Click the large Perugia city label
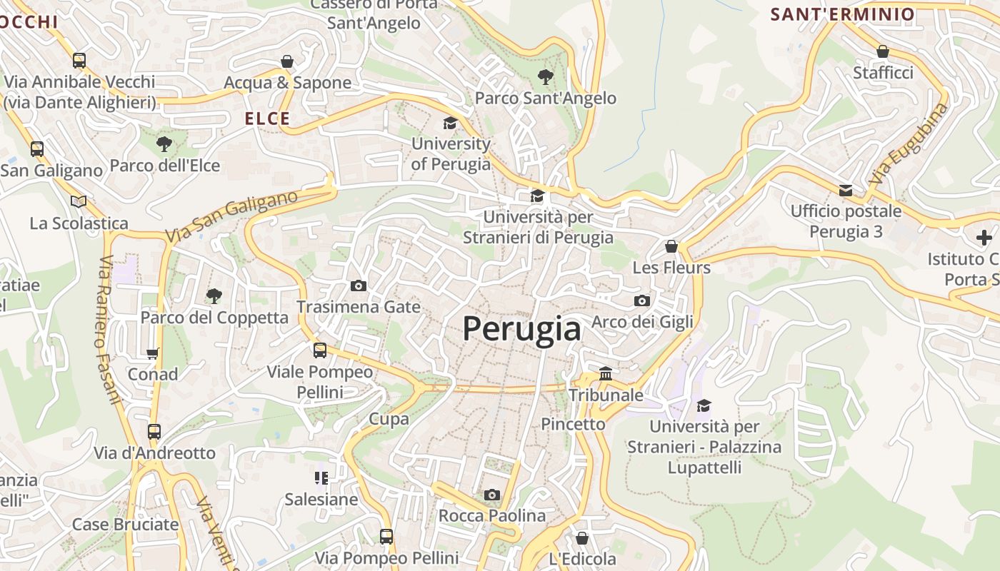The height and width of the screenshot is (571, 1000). [521, 330]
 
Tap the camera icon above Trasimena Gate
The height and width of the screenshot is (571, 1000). [359, 285]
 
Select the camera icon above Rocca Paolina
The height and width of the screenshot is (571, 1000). [491, 495]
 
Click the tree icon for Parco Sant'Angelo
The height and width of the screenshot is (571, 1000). [546, 76]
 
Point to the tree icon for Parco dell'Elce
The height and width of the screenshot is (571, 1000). [164, 144]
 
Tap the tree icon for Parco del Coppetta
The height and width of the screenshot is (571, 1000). [214, 295]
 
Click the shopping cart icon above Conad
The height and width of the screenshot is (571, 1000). [152, 353]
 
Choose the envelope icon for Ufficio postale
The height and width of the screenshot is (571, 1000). [846, 190]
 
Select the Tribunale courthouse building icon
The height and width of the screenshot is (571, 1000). [606, 373]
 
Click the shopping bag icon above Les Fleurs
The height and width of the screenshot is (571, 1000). [671, 246]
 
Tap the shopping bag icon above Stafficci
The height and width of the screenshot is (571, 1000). [883, 51]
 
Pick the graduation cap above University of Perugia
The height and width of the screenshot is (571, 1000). [450, 123]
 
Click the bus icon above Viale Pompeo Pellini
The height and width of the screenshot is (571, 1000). [320, 350]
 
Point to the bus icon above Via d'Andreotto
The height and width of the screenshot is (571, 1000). [154, 431]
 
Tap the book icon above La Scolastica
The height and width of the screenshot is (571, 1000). [79, 201]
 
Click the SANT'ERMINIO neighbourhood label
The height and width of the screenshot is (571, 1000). [842, 14]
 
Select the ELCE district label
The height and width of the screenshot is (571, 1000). [268, 118]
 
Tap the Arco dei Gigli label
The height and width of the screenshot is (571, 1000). [642, 321]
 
